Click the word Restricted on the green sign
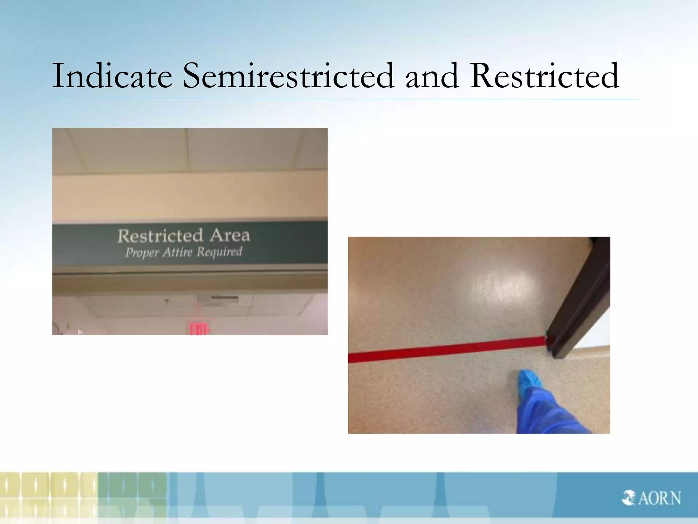pos(160,236)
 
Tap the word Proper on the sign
pos(142,253)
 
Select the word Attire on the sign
pos(178,252)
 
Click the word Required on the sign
pos(219,252)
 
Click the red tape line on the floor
pos(443,350)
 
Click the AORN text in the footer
pos(659,498)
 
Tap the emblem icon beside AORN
pos(628,498)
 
